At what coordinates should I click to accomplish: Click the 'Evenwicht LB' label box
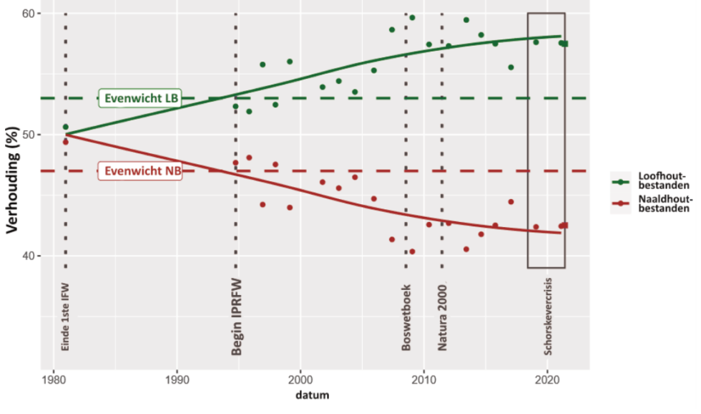pos(140,98)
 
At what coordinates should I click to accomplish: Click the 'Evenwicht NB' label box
pos(140,171)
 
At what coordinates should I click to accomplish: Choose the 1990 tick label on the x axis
pos(177,378)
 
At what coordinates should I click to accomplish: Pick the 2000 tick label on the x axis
pos(300,378)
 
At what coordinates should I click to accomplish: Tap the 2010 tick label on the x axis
pos(424,378)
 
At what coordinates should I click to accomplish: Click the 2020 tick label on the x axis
pos(547,378)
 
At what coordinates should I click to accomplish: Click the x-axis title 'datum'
pos(314,395)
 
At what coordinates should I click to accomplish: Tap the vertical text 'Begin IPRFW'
pos(237,316)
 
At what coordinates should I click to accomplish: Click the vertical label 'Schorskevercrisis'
pos(548,313)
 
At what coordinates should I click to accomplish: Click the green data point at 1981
pos(65,127)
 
